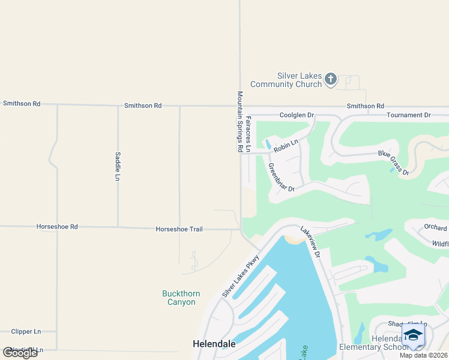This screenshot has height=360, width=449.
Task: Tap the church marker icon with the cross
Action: click(x=330, y=79)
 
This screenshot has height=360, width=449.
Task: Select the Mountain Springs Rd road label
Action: click(x=240, y=121)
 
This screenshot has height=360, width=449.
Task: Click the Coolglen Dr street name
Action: click(x=297, y=115)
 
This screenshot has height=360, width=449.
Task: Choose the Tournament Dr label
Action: click(x=409, y=115)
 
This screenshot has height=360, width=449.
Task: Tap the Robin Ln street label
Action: click(x=286, y=145)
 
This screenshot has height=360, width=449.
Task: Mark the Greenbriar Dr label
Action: click(x=280, y=178)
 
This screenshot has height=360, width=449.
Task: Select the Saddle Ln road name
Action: click(x=118, y=166)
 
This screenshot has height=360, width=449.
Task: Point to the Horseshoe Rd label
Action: click(x=57, y=227)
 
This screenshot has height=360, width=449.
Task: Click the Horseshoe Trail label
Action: click(x=179, y=229)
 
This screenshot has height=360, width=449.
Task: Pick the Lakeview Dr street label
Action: click(x=311, y=242)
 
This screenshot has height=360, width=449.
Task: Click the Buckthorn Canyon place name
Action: click(x=181, y=298)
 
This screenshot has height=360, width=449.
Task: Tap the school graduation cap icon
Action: click(x=413, y=335)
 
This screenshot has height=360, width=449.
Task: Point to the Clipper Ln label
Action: click(x=26, y=331)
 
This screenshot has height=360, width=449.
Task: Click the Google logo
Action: click(x=20, y=353)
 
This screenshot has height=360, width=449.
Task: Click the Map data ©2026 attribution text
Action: click(x=423, y=355)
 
